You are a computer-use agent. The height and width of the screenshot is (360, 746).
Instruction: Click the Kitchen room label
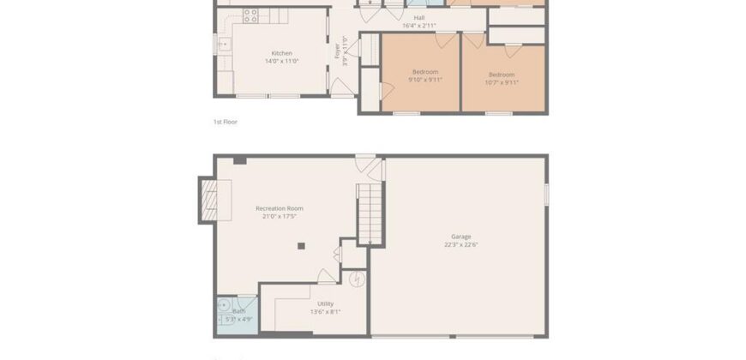[282, 53]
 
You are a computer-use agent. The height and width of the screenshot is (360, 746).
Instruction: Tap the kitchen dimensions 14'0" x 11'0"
[282, 61]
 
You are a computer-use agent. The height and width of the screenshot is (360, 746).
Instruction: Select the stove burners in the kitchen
[250, 14]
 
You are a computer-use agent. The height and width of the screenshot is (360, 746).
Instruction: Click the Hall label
[418, 17]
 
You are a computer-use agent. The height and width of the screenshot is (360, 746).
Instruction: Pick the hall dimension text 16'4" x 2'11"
[418, 25]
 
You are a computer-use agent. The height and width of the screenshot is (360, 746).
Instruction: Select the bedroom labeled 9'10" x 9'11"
[425, 76]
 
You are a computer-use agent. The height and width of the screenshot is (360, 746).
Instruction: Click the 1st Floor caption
[226, 122]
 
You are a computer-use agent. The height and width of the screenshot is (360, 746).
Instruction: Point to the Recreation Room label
[279, 208]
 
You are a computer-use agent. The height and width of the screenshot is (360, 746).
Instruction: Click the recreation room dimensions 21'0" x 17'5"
[279, 216]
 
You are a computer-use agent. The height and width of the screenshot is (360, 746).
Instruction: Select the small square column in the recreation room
[300, 247]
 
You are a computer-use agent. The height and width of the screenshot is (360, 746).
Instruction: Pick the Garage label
[461, 237]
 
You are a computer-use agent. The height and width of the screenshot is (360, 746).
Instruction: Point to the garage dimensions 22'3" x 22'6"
[461, 244]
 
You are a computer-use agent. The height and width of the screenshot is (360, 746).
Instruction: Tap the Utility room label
[325, 303]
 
